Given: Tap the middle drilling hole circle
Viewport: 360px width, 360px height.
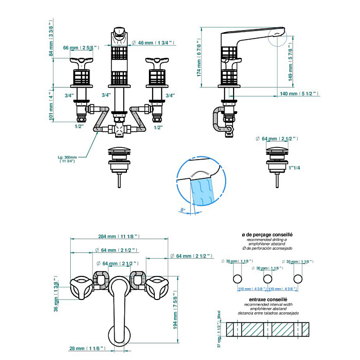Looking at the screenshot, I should point(266,279).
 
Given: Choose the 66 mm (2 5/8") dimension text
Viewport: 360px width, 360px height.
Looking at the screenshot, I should point(78,48).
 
